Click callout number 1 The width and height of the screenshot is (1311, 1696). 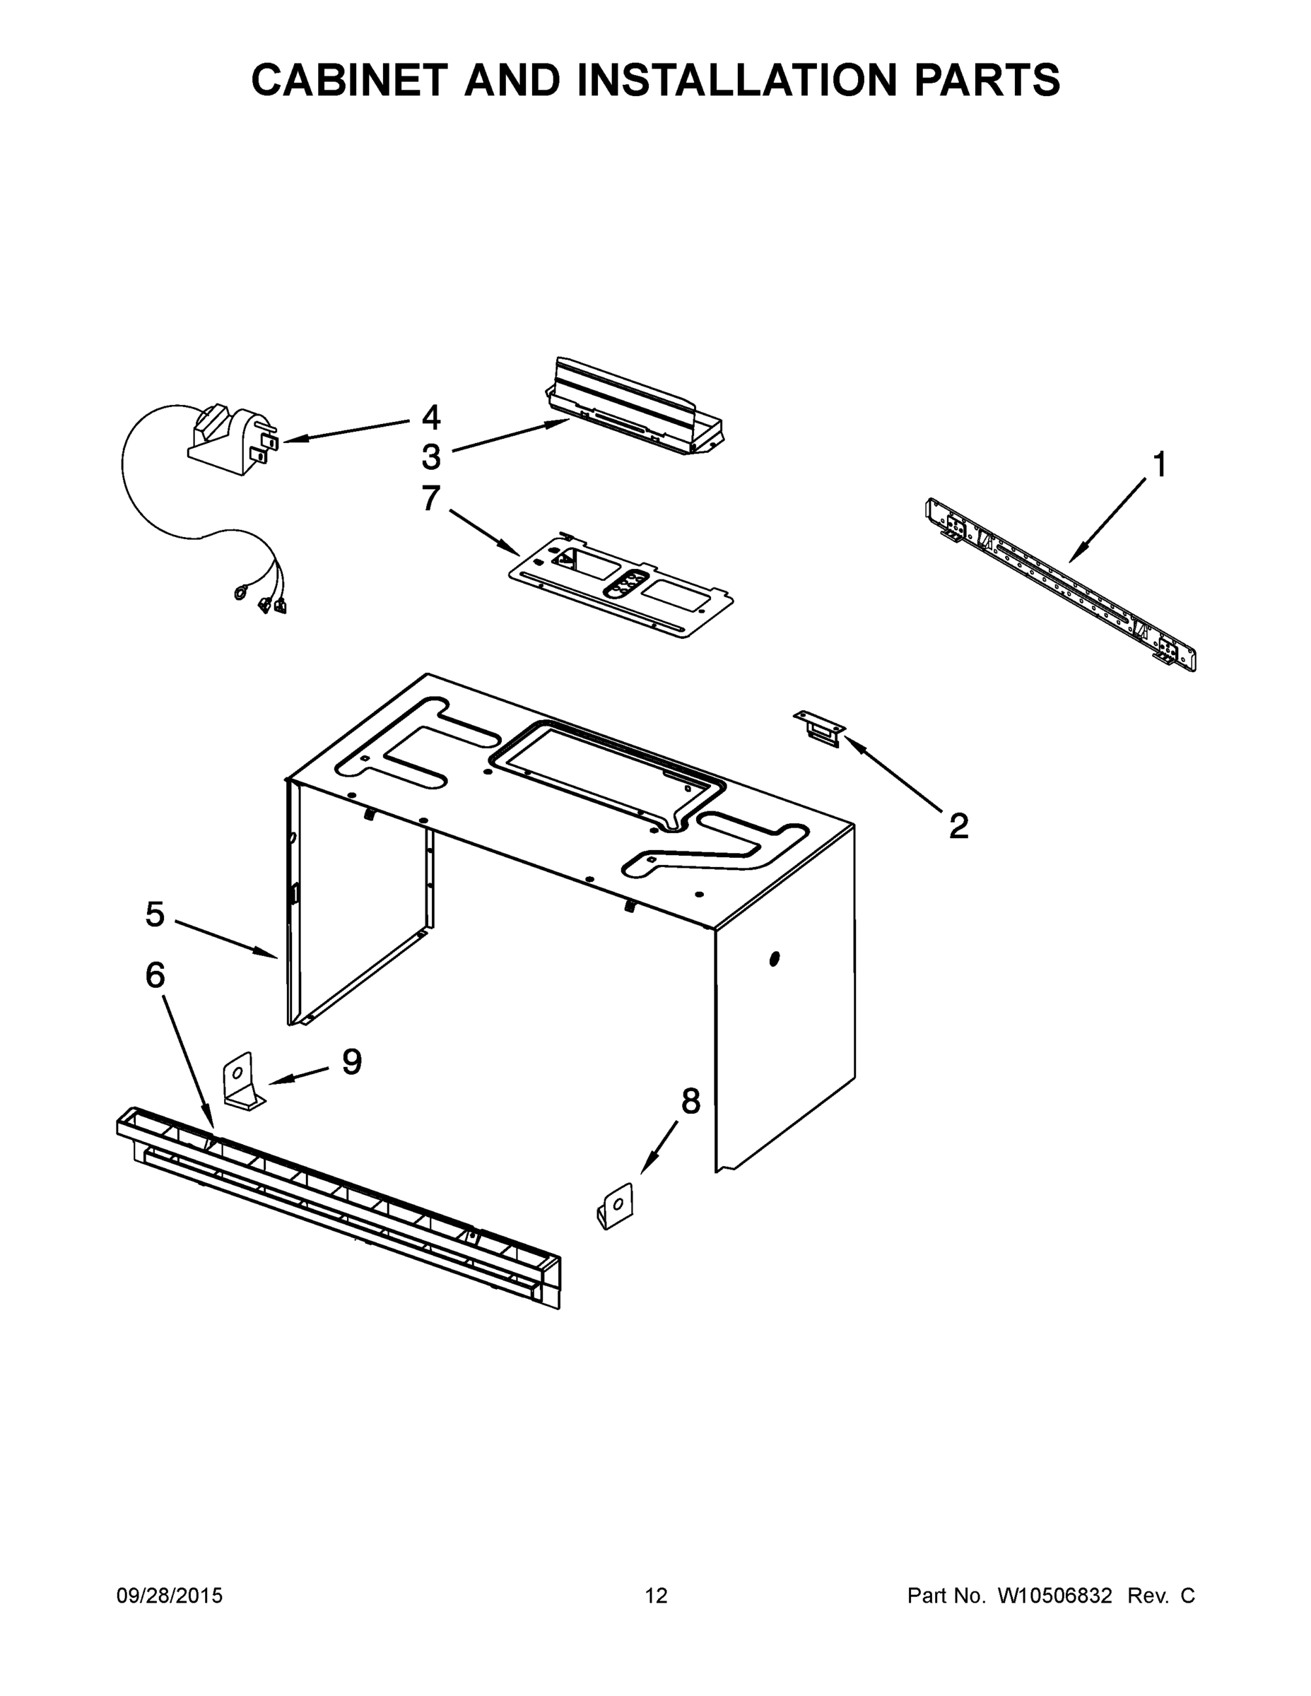(x=1159, y=465)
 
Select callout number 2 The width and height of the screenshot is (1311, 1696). (x=958, y=826)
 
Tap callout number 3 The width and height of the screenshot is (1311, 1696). (x=431, y=457)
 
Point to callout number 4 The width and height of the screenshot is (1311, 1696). (x=431, y=418)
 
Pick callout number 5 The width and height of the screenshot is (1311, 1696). (x=155, y=914)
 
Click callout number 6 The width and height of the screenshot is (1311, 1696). (x=155, y=974)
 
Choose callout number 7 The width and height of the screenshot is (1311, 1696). (x=431, y=497)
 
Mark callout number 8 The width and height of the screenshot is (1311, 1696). (x=690, y=1100)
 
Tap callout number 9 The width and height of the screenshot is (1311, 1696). (x=352, y=1061)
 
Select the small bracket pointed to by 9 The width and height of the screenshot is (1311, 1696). (x=242, y=1082)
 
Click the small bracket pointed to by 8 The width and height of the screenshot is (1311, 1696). (x=615, y=1206)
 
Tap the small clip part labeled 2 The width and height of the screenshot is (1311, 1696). (x=819, y=729)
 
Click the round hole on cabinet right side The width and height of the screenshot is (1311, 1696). (x=774, y=960)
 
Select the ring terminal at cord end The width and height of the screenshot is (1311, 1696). (x=240, y=594)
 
